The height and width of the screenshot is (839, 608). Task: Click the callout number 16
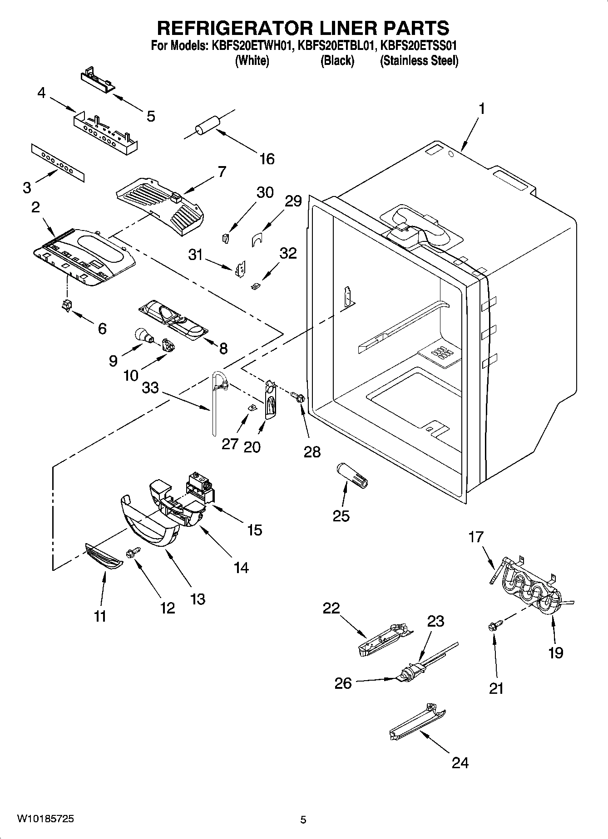(x=267, y=159)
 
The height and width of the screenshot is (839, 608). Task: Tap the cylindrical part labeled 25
(x=353, y=476)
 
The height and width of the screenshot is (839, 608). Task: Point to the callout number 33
(x=151, y=388)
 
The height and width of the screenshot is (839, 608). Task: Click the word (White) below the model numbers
(x=252, y=61)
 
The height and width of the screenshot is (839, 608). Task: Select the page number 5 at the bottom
(x=303, y=819)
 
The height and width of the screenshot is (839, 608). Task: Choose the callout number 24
(x=460, y=763)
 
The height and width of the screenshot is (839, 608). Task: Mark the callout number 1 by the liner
(x=482, y=109)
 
